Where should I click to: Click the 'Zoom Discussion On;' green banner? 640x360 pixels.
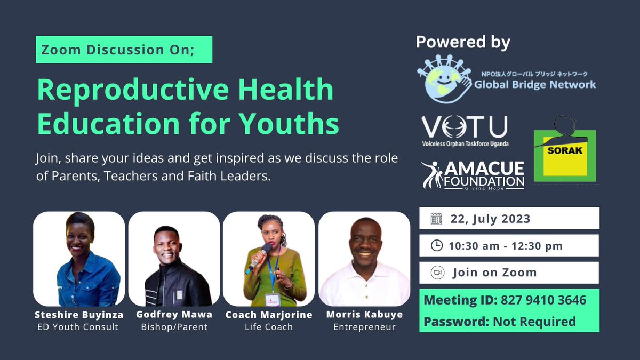[x=124, y=50]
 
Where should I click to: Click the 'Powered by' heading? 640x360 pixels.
[x=463, y=42]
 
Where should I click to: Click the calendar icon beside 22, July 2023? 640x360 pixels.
[x=436, y=218]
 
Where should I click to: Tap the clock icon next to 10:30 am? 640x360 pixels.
[x=436, y=245]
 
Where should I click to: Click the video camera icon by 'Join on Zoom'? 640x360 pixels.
[x=437, y=273]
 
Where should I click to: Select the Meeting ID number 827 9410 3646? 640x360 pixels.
[x=543, y=300]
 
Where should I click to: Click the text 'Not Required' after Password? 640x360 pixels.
[x=534, y=322]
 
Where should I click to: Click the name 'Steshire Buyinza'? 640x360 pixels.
[x=79, y=315]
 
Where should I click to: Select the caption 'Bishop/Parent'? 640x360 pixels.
[x=174, y=326]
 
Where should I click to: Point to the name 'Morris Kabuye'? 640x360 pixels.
[x=364, y=315]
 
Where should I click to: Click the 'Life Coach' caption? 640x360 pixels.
[x=268, y=326]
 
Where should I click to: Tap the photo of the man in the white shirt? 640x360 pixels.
[x=364, y=259]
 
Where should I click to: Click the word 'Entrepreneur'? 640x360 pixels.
[x=364, y=326]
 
